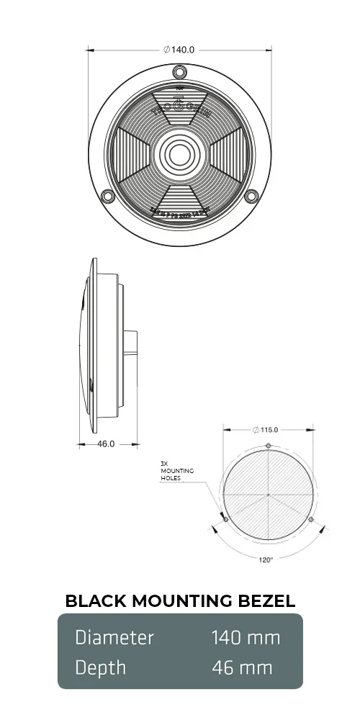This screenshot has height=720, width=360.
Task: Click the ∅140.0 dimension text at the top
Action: tap(180, 50)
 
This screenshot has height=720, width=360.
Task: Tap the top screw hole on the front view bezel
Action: tap(180, 71)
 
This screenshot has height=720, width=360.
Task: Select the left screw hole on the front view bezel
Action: tap(108, 196)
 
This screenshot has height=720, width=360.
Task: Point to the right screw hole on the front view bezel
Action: tap(251, 196)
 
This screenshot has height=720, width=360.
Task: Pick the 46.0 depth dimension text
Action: tap(106, 444)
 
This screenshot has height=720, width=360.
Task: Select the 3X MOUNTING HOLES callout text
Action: tap(176, 471)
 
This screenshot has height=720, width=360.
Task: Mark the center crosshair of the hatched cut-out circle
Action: tap(268, 495)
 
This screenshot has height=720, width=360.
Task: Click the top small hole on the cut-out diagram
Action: tap(268, 446)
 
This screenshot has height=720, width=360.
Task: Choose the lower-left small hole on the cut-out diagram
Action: tap(226, 519)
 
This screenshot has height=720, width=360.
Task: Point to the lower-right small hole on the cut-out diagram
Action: tap(310, 519)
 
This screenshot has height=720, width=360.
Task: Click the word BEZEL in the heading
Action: tap(264, 601)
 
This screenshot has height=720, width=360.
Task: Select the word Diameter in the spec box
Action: tap(114, 637)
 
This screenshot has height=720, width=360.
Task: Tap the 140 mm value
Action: tap(246, 637)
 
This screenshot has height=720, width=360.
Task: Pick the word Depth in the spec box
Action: tap(101, 667)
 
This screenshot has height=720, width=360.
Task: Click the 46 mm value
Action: tap(242, 667)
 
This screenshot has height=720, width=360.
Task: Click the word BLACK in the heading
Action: tap(94, 601)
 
